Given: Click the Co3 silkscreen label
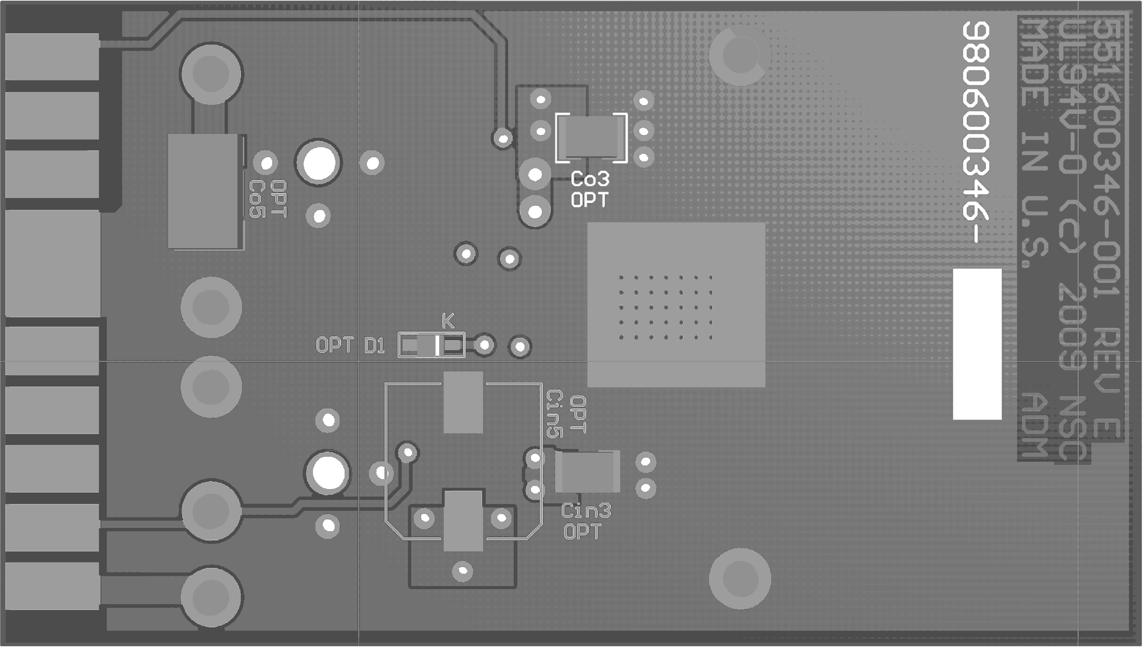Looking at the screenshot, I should coord(590,179).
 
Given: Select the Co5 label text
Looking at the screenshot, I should coord(256,199).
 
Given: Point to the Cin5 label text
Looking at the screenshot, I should coord(554,414).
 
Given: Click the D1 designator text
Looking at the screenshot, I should coord(374,346).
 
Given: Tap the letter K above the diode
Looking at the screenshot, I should coord(448,321).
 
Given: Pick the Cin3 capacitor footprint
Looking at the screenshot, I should coord(587,471).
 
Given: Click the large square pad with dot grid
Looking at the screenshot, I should coord(676,305).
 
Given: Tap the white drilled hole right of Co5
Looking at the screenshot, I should coord(318,163).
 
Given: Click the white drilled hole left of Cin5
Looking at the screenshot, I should coord(328,473).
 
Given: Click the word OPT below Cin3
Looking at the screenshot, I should coord(582,532).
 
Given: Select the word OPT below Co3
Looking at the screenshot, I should coord(589,200).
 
